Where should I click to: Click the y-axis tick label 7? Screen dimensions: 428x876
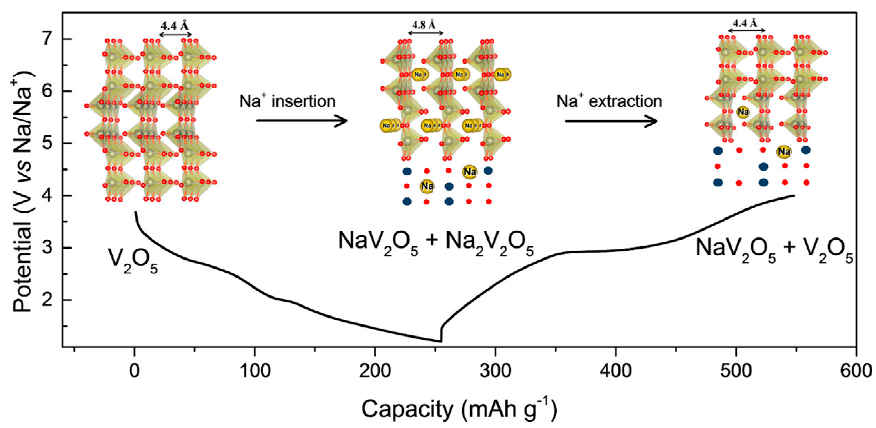coord(48,39)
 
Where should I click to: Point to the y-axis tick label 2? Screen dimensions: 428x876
coord(48,300)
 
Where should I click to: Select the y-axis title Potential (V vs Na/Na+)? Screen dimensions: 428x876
coord(23,192)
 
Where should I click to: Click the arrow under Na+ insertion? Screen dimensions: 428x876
coord(302,121)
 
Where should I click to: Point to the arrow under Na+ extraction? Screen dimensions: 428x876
coord(611,121)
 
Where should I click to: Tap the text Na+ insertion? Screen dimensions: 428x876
coord(287,101)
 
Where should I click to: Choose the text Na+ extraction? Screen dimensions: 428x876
coord(609,101)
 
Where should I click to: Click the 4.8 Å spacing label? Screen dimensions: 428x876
coord(424,25)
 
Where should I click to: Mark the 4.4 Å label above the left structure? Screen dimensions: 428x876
coord(175,26)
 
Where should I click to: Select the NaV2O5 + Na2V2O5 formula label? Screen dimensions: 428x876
coord(436,243)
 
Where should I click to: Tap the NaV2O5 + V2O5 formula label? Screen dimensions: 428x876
coord(774,251)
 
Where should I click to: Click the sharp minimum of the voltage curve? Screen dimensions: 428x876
coord(441,341)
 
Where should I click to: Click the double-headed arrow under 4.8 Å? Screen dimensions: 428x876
coord(425,33)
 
